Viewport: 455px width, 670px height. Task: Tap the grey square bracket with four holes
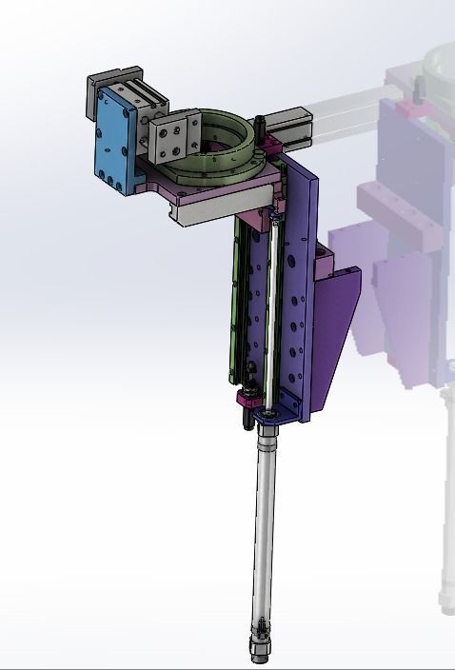(x=170, y=133)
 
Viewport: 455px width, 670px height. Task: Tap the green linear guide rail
(x=237, y=305)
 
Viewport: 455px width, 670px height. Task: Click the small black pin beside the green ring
(x=261, y=125)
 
